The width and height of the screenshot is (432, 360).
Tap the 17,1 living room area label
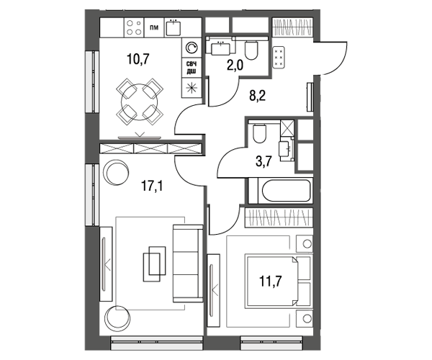click(x=152, y=186)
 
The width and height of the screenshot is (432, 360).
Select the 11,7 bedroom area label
click(x=270, y=282)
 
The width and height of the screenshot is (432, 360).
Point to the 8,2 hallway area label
click(x=257, y=96)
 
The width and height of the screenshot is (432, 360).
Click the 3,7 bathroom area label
click(x=264, y=161)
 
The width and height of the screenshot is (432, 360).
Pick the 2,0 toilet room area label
click(x=235, y=66)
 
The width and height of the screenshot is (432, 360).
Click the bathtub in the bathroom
click(x=286, y=191)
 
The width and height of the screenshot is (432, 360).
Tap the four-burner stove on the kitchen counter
click(x=134, y=27)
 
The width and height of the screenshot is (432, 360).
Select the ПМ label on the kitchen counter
click(x=154, y=27)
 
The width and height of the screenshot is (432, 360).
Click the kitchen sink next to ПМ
click(x=174, y=28)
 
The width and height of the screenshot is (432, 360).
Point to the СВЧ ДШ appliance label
click(x=192, y=68)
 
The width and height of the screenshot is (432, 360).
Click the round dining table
click(x=140, y=102)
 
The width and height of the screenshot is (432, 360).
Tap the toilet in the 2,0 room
click(x=251, y=50)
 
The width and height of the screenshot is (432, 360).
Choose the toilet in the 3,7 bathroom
click(x=259, y=133)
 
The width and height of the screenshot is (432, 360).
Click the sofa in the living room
click(x=188, y=264)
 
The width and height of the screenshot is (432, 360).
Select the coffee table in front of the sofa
click(x=154, y=264)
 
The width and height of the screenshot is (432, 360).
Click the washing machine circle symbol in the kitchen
click(x=192, y=48)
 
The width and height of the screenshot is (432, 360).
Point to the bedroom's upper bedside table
click(x=305, y=243)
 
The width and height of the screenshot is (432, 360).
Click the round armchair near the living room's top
click(x=116, y=173)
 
